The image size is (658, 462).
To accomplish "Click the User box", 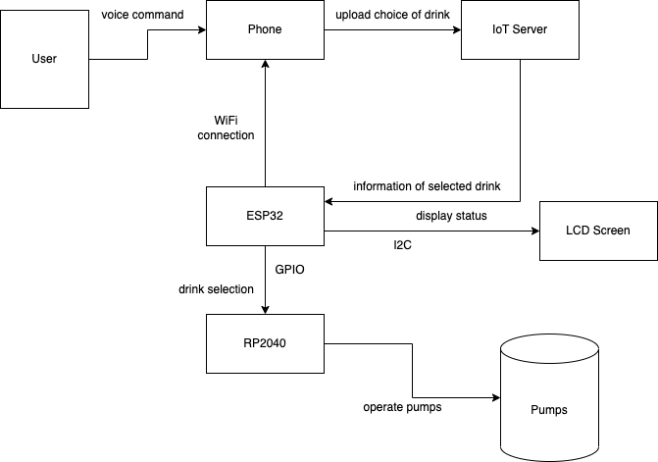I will tap(44, 59).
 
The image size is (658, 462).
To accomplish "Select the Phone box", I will tap(265, 29).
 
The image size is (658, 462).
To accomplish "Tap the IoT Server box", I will tap(520, 29).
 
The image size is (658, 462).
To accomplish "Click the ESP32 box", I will tap(265, 216).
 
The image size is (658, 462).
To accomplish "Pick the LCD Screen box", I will tap(598, 231).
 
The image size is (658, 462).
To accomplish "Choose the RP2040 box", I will tap(265, 343).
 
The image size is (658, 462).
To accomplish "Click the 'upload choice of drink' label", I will tap(392, 15).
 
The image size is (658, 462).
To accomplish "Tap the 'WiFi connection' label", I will tap(226, 128).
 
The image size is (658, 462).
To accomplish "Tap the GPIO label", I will tap(289, 266).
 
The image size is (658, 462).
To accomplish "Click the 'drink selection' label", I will tap(216, 289).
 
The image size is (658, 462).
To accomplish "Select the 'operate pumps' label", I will tap(402, 407).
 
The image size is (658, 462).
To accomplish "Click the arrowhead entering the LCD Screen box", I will tap(534, 231).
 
